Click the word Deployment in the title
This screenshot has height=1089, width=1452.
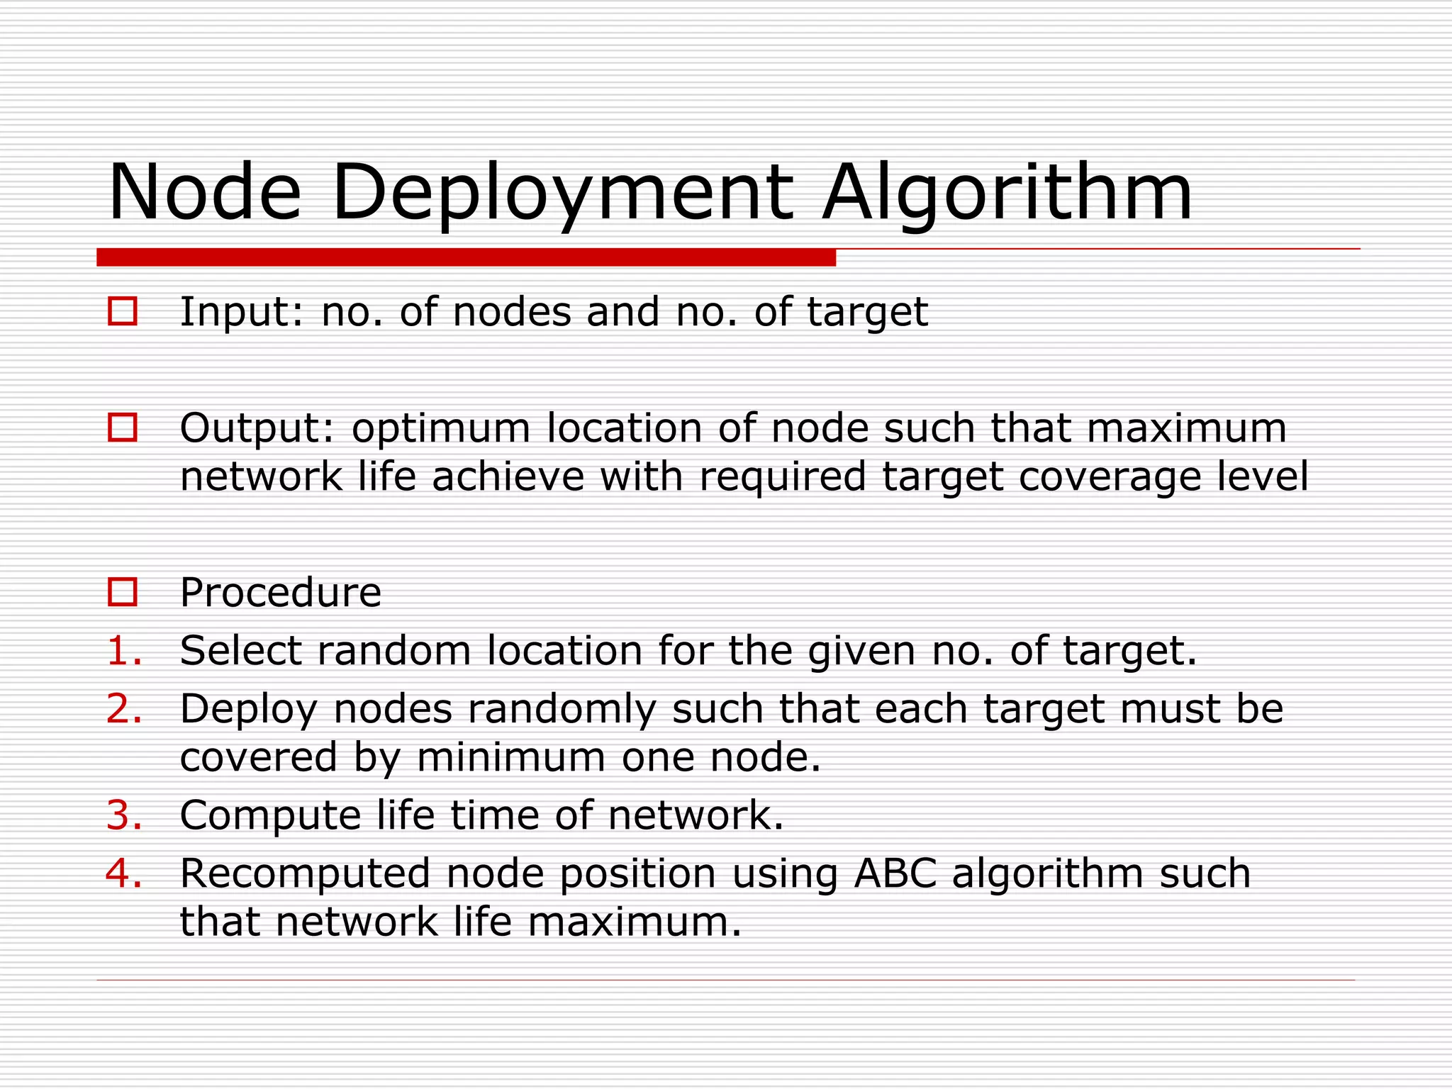pos(562,193)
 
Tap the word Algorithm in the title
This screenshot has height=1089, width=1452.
pos(1007,193)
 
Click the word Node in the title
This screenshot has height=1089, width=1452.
pos(205,193)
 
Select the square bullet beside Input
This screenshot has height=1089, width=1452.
pos(123,311)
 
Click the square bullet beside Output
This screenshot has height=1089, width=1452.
pos(123,428)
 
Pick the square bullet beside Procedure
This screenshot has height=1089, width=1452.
pos(123,592)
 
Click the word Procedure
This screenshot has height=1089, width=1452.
pos(281,592)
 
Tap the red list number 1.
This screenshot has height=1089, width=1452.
pos(124,651)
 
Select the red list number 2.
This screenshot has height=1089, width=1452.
pos(124,709)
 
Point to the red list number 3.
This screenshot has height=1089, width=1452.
pos(124,815)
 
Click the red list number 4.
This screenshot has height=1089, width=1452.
pos(124,873)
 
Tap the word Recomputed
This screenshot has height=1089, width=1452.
pos(305,873)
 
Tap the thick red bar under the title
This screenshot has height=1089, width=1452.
pos(466,257)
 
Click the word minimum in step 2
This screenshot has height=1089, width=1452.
pos(510,757)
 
